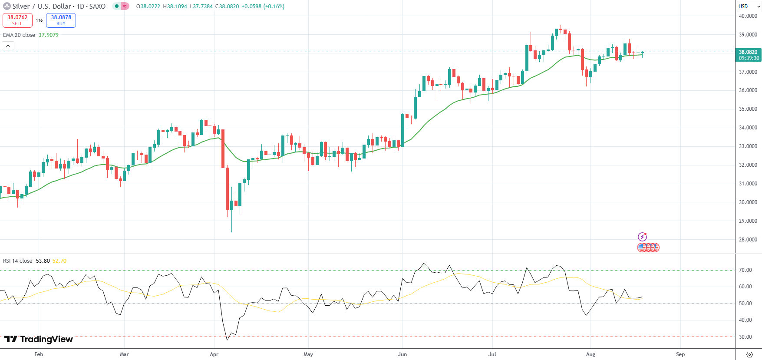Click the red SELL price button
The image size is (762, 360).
coord(17,20)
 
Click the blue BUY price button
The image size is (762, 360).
coord(61,20)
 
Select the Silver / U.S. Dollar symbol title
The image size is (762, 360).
coord(59,7)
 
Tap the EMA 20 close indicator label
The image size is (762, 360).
coord(19,35)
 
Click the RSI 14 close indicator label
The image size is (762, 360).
coord(18,261)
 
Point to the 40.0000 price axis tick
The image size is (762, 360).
coord(748,16)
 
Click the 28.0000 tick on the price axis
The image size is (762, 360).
coord(748,240)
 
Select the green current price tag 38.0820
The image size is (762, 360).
coord(749,55)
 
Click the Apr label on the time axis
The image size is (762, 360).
coord(214,354)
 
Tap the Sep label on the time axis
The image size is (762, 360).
coord(680,354)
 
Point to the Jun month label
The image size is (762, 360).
coord(402,354)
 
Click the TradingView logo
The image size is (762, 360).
coord(39,339)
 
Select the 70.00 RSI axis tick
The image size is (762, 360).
coord(745,270)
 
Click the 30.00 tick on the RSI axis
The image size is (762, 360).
coord(745,337)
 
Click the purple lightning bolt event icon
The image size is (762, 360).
coord(642,237)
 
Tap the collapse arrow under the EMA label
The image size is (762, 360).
coord(8,46)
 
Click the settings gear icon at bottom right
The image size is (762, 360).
coord(749,354)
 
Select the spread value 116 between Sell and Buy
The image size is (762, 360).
coord(39,20)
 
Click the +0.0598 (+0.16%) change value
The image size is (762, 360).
coord(262,7)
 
